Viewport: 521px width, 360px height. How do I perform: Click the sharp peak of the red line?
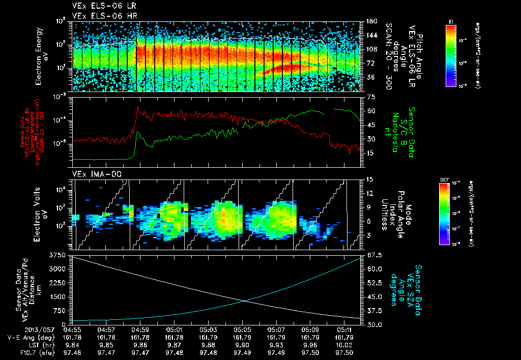tap(137, 107)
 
